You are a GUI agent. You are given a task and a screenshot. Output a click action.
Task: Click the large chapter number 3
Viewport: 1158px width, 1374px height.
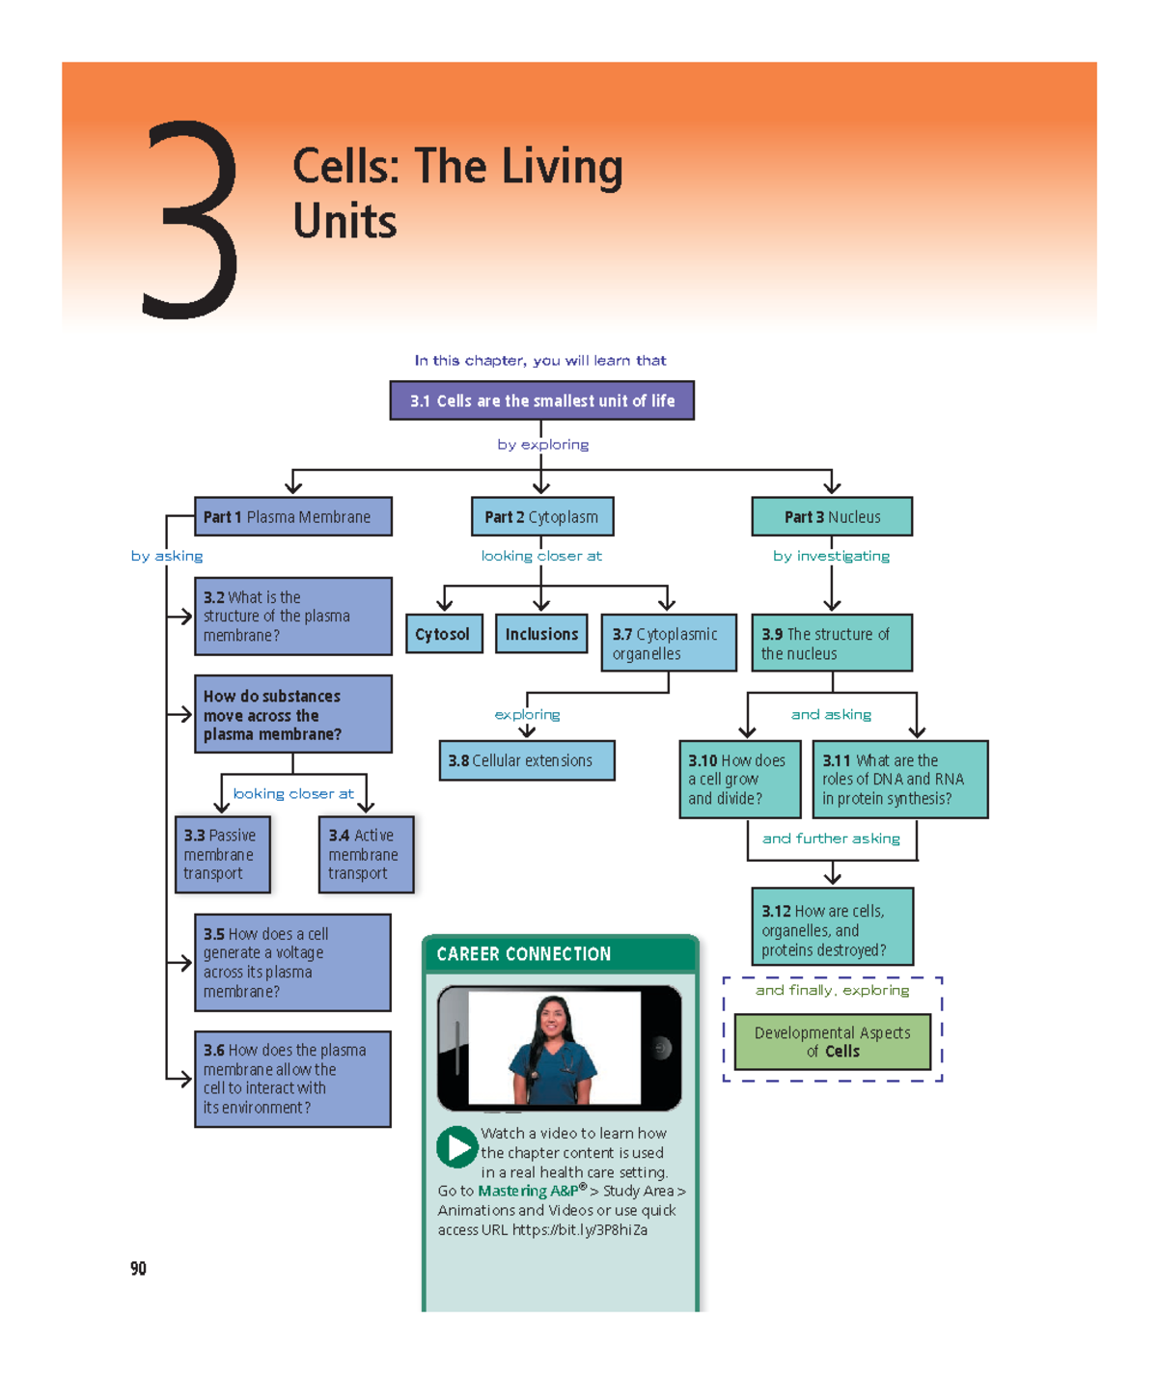190,220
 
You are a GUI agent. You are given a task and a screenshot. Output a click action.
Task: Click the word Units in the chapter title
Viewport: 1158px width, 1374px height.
345,221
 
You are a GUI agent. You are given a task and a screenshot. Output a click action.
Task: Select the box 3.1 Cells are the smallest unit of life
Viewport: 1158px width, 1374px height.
541,400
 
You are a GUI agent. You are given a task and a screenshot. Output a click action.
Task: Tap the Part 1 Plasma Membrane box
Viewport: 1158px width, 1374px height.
293,517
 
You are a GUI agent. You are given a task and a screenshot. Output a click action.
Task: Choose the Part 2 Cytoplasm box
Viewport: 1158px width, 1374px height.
541,517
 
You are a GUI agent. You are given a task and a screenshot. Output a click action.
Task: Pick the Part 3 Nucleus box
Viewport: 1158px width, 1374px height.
832,517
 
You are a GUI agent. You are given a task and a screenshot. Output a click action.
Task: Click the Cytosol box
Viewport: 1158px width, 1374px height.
443,634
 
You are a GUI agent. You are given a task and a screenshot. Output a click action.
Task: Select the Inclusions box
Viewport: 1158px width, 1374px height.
541,634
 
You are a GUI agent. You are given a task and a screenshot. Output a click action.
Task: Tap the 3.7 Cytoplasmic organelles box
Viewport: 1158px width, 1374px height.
668,644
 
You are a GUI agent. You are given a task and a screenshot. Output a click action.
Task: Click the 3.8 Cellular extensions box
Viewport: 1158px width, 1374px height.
526,760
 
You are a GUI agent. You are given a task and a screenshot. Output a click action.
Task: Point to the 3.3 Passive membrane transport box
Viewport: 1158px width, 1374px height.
222,854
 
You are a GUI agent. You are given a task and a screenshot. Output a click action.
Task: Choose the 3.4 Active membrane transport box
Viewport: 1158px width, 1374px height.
365,854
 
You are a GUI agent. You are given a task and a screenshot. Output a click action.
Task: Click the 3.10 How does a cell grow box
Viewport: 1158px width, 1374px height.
739,779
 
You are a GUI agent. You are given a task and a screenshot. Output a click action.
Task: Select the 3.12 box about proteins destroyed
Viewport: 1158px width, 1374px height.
832,928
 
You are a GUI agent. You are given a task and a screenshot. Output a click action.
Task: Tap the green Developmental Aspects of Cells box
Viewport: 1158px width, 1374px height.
832,1042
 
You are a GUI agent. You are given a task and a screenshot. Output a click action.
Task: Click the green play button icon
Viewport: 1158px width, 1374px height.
456,1147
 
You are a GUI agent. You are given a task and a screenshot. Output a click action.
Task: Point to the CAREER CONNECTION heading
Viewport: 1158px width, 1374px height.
524,954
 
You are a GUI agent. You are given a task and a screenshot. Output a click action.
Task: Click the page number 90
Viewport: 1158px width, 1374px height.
138,1269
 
